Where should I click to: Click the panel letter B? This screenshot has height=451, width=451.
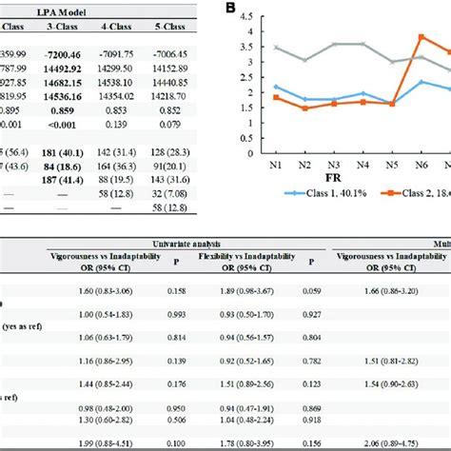point(229,9)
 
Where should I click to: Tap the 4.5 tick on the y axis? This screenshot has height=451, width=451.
point(245,15)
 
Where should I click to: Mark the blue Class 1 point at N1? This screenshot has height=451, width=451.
point(276,87)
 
